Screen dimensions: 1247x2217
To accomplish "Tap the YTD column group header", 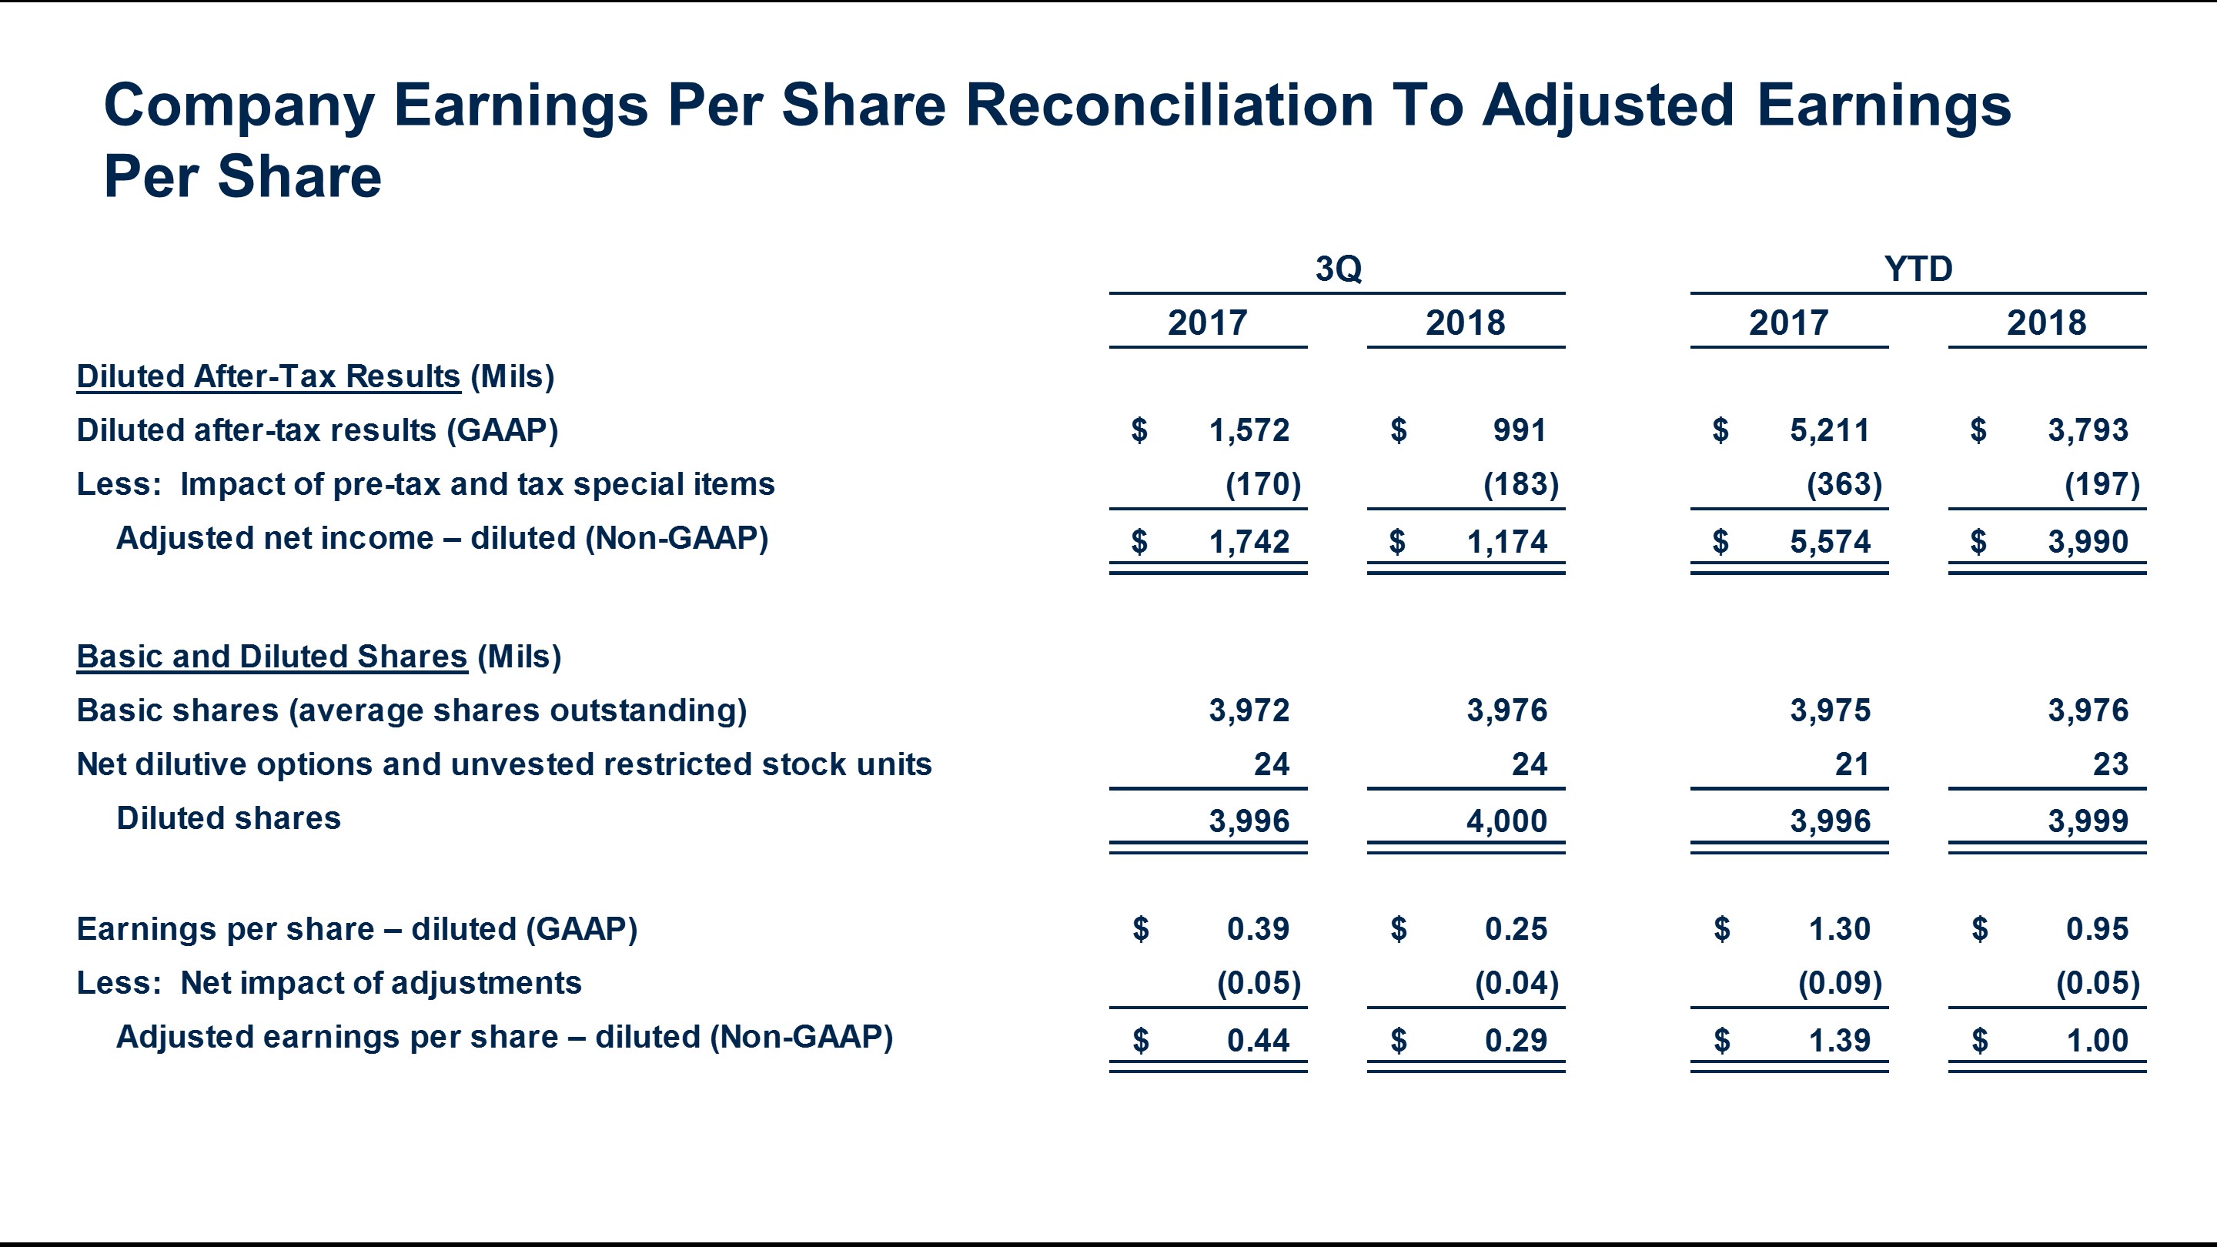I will (x=1918, y=269).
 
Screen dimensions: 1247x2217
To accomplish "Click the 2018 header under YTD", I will (x=2046, y=323).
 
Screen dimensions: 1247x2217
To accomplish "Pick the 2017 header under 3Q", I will (x=1206, y=323).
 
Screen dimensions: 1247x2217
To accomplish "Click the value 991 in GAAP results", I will (x=1519, y=430).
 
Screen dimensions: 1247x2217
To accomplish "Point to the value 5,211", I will (x=1830, y=430).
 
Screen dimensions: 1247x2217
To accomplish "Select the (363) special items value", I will (x=1844, y=483).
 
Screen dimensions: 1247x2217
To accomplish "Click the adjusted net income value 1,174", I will (x=1506, y=541).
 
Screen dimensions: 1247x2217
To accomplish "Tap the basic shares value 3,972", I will (x=1249, y=710).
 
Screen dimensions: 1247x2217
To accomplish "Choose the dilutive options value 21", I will (x=1852, y=764).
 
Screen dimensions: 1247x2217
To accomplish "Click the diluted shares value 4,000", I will (x=1506, y=821).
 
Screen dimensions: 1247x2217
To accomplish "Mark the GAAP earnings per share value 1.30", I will (x=1839, y=928).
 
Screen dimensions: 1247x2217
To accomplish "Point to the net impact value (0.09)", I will (x=1839, y=983).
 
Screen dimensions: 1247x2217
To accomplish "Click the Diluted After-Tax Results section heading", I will (x=269, y=376).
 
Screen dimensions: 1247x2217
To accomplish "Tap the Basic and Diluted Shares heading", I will (x=272, y=657).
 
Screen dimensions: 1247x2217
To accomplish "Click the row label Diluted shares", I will (x=228, y=817).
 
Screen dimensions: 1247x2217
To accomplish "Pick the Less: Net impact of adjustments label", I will (x=329, y=983).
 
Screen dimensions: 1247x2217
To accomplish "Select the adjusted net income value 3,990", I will (x=2088, y=541).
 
